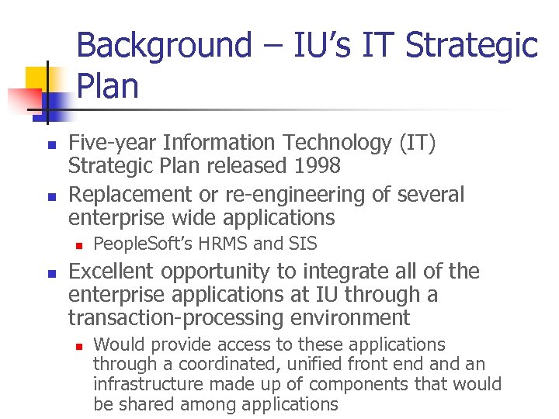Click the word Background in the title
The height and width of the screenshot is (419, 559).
164,45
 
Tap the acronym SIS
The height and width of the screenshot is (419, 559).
302,244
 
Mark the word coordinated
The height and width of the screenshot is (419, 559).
225,364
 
